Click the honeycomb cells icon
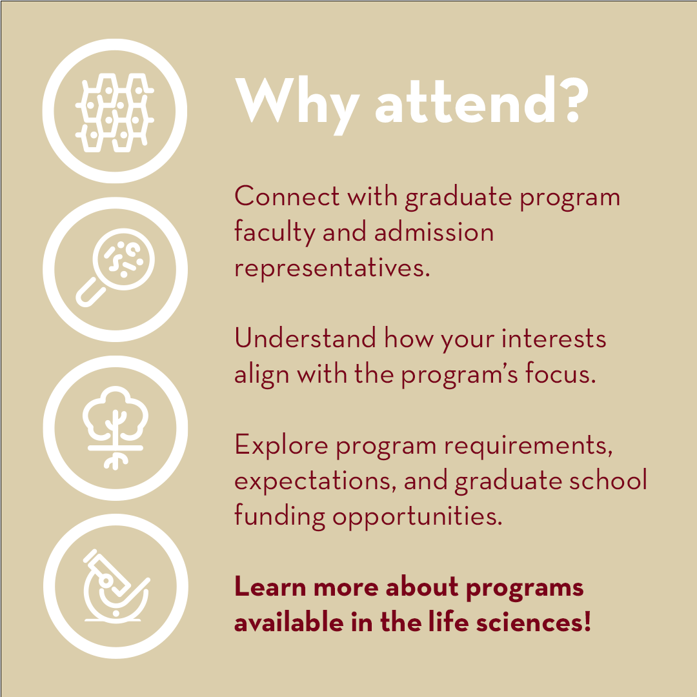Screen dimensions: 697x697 click(x=116, y=111)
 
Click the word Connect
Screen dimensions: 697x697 click(x=285, y=196)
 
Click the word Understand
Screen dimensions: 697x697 click(x=305, y=339)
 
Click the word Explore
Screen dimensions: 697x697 click(x=280, y=445)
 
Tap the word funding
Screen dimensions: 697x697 click(x=279, y=517)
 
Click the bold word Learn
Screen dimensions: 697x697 click(x=269, y=587)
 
